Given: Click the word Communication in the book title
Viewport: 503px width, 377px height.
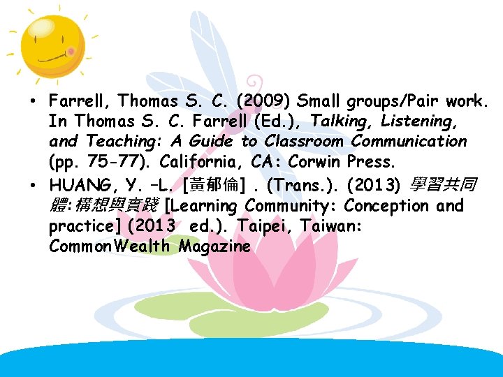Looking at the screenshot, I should [409, 141].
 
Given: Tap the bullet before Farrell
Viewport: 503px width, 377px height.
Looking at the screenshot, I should [33, 102].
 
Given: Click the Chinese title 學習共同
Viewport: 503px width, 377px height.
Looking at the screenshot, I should [443, 186].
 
